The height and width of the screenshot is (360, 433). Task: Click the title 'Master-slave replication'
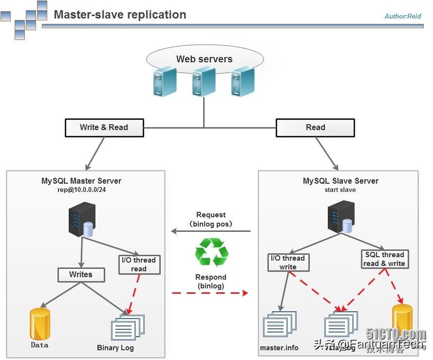pyautogui.click(x=120, y=15)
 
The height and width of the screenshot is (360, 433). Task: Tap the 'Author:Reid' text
pyautogui.click(x=402, y=16)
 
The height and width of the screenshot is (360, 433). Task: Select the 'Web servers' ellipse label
pyautogui.click(x=204, y=59)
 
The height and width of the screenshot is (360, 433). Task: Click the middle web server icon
pyautogui.click(x=204, y=81)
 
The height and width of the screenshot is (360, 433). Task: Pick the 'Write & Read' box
pyautogui.click(x=104, y=128)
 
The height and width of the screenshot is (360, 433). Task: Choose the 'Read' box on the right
pyautogui.click(x=315, y=128)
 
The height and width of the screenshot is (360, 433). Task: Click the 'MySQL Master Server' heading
pyautogui.click(x=81, y=181)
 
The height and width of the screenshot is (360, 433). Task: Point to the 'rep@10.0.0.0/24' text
pyautogui.click(x=81, y=189)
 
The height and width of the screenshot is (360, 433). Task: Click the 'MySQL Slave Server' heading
pyautogui.click(x=340, y=181)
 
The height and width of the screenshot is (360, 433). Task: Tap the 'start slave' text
pyautogui.click(x=340, y=189)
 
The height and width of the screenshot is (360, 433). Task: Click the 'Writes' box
pyautogui.click(x=81, y=274)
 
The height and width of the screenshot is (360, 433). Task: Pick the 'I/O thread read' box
pyautogui.click(x=139, y=265)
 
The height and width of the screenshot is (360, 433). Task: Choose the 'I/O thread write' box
pyautogui.click(x=288, y=263)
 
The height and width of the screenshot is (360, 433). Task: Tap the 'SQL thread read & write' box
pyautogui.click(x=384, y=259)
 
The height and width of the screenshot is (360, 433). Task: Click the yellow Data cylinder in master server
pyautogui.click(x=39, y=323)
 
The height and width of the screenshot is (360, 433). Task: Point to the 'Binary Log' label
pyautogui.click(x=115, y=348)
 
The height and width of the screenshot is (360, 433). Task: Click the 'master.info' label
pyautogui.click(x=279, y=348)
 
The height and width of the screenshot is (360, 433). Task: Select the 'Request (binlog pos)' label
pyautogui.click(x=211, y=219)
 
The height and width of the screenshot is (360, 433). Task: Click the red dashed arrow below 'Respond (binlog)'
pyautogui.click(x=210, y=293)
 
